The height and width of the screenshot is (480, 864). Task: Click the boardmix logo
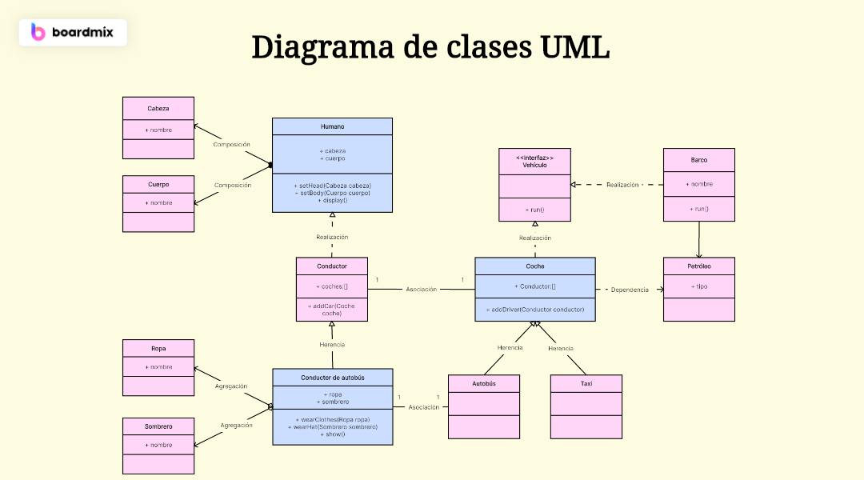coord(72,32)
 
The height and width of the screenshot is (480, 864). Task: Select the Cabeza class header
coord(158,108)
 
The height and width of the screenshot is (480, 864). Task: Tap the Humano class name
coord(332,126)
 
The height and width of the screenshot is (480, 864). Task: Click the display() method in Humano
coord(332,200)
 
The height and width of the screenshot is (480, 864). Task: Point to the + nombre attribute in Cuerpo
coord(158,202)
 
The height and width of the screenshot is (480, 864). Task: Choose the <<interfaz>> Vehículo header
coord(534,161)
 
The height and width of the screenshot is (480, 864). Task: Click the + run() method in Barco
coord(698,209)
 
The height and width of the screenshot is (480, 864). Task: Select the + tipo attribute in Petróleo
coord(698,286)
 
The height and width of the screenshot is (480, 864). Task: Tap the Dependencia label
coord(630,290)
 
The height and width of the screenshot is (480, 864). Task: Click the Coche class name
coord(534,266)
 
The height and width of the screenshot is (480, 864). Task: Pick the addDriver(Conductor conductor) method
coord(534,309)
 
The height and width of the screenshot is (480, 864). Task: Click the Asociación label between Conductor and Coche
coord(422,290)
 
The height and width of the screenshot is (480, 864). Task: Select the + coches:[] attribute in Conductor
coord(331,286)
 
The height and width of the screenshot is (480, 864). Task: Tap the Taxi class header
coord(586,383)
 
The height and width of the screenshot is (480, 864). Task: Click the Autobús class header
coord(483,383)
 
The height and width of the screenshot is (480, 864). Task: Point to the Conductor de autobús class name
coord(332,377)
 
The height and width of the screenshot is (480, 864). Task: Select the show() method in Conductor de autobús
coord(332,434)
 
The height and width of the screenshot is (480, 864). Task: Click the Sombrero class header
coord(158,426)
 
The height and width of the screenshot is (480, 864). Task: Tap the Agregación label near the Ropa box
coord(231,386)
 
